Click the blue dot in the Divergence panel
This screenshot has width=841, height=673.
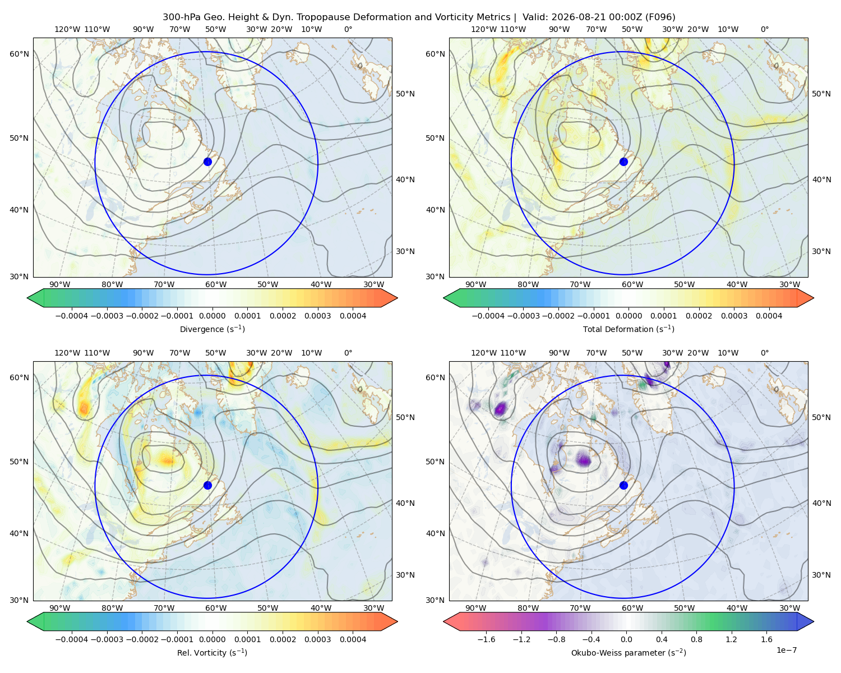[x=207, y=162]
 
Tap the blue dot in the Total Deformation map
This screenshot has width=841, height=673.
[x=623, y=162]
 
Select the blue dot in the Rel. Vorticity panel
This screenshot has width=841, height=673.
[x=207, y=485]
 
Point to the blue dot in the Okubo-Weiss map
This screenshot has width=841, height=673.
[x=623, y=485]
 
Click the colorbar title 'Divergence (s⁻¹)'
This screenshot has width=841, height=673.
[x=212, y=329]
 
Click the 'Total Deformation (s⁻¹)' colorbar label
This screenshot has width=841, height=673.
[x=629, y=329]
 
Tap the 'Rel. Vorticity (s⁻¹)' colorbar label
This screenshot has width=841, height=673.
[x=212, y=652]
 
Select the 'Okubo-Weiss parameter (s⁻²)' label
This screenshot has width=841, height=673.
[x=629, y=652]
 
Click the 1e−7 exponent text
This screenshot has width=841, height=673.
[x=786, y=650]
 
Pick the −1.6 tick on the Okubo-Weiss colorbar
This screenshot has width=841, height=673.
[x=486, y=639]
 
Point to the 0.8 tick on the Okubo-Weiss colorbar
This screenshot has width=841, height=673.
[x=696, y=639]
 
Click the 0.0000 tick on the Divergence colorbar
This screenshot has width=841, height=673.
[x=212, y=316]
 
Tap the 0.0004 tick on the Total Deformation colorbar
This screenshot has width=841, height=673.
[x=769, y=316]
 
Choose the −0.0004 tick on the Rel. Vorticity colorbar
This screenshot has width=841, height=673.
[x=72, y=639]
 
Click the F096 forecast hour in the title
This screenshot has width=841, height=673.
[x=660, y=17]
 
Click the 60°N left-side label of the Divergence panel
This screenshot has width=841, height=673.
[x=19, y=54]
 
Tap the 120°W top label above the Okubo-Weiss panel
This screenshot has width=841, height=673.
[x=483, y=353]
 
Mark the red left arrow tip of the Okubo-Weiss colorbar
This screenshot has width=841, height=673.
[x=443, y=621]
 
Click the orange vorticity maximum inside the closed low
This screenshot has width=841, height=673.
[x=167, y=460]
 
